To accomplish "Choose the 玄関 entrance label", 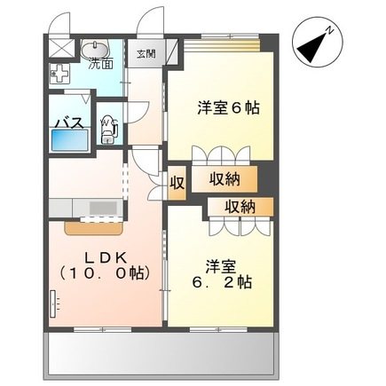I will click(x=145, y=53).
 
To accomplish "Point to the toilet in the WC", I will click(x=108, y=130).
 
